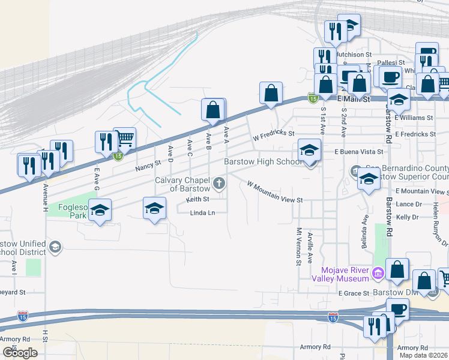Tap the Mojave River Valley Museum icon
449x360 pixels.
tap(378, 274)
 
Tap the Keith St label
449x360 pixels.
tap(197, 199)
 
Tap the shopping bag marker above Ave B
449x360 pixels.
tap(213, 110)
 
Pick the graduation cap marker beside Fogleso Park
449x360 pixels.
tap(100, 211)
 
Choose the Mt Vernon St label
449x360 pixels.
tap(298, 246)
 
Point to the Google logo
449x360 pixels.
tap(20, 353)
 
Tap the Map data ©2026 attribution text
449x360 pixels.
tap(423, 355)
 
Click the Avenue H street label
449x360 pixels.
tap(45, 197)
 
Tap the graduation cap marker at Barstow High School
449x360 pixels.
tap(309, 150)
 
